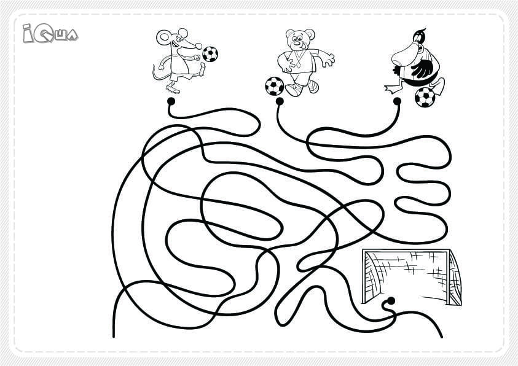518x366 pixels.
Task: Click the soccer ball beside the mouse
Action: pyautogui.click(x=210, y=54)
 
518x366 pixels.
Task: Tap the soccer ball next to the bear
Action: pyautogui.click(x=275, y=86)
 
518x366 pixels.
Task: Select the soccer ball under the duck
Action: pyautogui.click(x=425, y=97)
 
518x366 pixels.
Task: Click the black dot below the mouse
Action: pyautogui.click(x=171, y=101)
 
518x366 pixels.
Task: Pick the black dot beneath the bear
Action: pyautogui.click(x=280, y=101)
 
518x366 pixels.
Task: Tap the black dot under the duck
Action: pyautogui.click(x=397, y=101)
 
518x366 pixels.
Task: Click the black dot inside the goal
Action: pyautogui.click(x=391, y=301)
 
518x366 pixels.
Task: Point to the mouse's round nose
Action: pyautogui.click(x=198, y=46)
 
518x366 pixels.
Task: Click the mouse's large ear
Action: pyautogui.click(x=163, y=37)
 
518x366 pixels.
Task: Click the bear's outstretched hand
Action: pyautogui.click(x=327, y=60)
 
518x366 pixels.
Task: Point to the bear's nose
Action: pyautogui.click(x=297, y=43)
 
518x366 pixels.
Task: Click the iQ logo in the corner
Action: pyautogui.click(x=50, y=33)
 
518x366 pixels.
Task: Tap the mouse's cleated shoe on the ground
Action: pyautogui.click(x=173, y=89)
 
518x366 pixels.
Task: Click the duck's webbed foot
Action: pyautogui.click(x=392, y=88)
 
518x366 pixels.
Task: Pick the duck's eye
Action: pyautogui.click(x=417, y=39)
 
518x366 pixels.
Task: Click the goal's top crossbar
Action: pyautogui.click(x=406, y=251)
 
